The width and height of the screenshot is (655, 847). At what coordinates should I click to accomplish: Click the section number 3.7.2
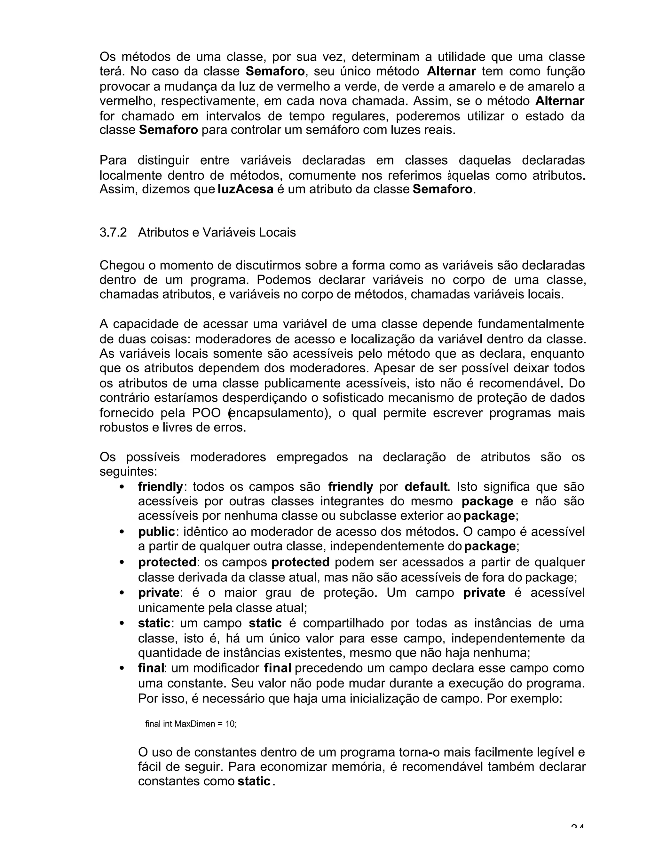(113, 232)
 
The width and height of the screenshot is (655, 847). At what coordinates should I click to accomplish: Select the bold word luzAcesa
(246, 190)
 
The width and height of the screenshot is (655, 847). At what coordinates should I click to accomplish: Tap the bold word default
(426, 486)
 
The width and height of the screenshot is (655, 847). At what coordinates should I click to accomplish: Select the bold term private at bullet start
(159, 593)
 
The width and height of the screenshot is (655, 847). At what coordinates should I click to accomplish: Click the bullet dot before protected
(122, 562)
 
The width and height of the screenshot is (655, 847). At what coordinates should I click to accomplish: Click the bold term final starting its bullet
(151, 668)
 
